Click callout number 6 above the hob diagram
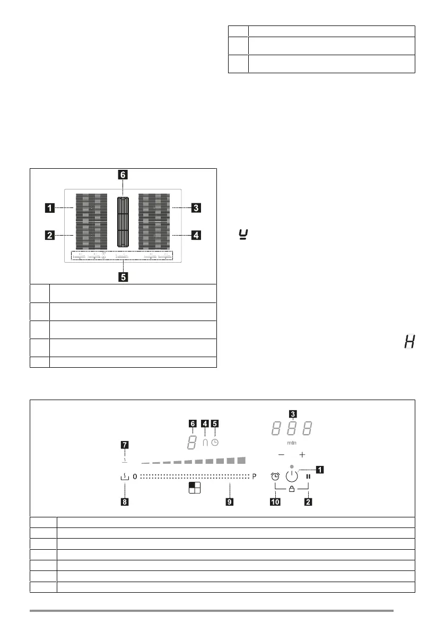click(123, 174)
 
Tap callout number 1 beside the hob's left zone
click(49, 209)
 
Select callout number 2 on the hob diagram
click(49, 235)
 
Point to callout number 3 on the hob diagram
click(196, 209)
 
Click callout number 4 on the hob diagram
click(196, 235)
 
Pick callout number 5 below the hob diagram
click(123, 276)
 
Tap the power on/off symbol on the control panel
click(292, 475)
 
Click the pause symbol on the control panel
click(308, 476)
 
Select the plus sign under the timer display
click(302, 455)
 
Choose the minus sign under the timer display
click(281, 455)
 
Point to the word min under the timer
click(291, 441)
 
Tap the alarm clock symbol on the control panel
click(275, 476)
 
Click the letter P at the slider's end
click(255, 477)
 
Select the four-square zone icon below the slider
click(195, 488)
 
